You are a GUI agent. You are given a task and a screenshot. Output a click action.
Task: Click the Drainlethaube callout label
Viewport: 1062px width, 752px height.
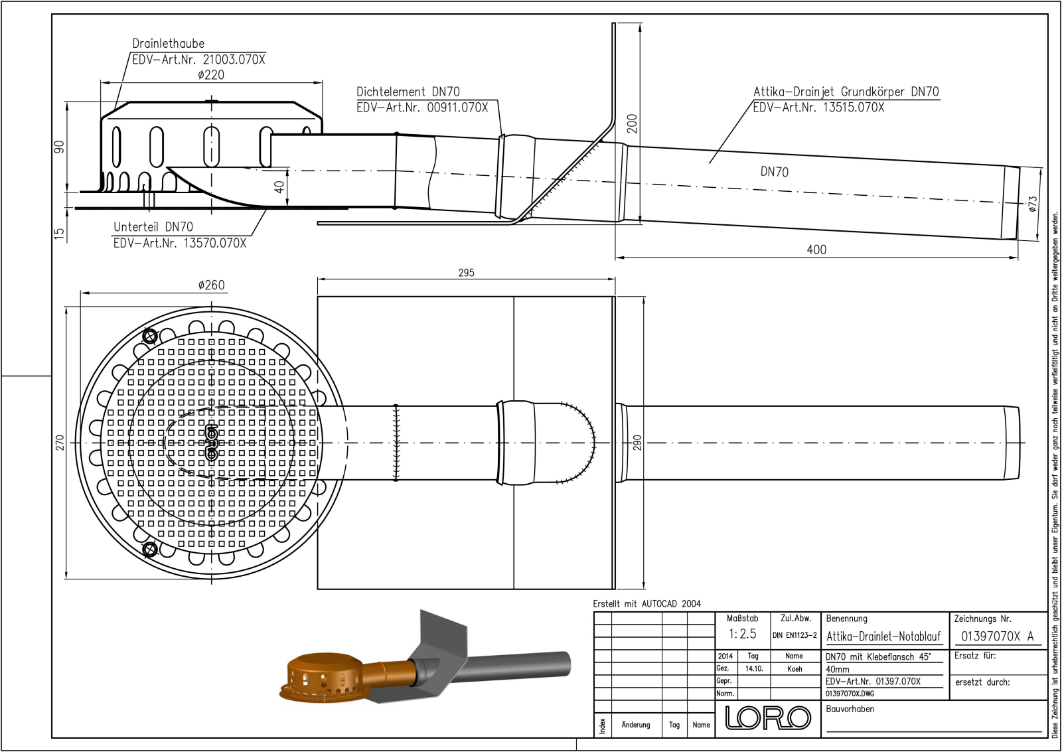click(x=168, y=44)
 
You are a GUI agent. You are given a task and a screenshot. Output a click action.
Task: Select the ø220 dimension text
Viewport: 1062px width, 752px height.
click(x=211, y=75)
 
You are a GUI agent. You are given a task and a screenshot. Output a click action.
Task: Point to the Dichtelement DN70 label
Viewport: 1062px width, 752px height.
click(x=408, y=92)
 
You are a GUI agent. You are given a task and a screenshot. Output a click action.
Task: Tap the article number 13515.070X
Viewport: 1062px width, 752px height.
click(x=853, y=108)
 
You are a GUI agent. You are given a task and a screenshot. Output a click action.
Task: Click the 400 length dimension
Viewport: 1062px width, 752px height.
click(x=816, y=250)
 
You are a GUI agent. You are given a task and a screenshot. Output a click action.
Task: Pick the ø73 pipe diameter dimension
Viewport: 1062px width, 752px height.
click(x=1032, y=203)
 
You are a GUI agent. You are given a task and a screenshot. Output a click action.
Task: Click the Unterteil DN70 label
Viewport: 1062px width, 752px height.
click(x=153, y=227)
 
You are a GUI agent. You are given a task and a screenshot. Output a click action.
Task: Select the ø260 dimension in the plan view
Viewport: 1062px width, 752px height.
click(x=211, y=285)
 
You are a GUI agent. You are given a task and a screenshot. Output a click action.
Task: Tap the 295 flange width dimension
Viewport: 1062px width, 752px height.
click(x=466, y=273)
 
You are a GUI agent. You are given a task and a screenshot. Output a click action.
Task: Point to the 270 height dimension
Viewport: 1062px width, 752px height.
click(x=60, y=442)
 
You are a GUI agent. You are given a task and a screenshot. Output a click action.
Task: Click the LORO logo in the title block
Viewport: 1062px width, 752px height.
click(x=768, y=717)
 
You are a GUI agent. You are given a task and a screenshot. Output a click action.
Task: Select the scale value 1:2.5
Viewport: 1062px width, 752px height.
click(x=742, y=635)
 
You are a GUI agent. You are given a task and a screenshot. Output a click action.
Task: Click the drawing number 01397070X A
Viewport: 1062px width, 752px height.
click(x=997, y=636)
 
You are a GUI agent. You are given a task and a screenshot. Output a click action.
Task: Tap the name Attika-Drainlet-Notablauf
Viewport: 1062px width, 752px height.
click(x=883, y=637)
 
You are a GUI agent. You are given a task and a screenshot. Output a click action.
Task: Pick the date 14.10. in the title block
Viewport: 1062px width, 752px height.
click(x=753, y=669)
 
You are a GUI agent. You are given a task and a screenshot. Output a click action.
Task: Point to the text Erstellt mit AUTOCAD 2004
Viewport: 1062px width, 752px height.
click(x=646, y=604)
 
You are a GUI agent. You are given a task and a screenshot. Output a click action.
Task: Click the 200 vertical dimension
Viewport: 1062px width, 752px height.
click(x=632, y=123)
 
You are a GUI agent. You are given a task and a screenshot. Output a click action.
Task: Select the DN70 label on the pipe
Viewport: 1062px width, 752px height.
click(x=774, y=172)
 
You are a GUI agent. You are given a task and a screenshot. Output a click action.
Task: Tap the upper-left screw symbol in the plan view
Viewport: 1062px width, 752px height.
click(x=150, y=336)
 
